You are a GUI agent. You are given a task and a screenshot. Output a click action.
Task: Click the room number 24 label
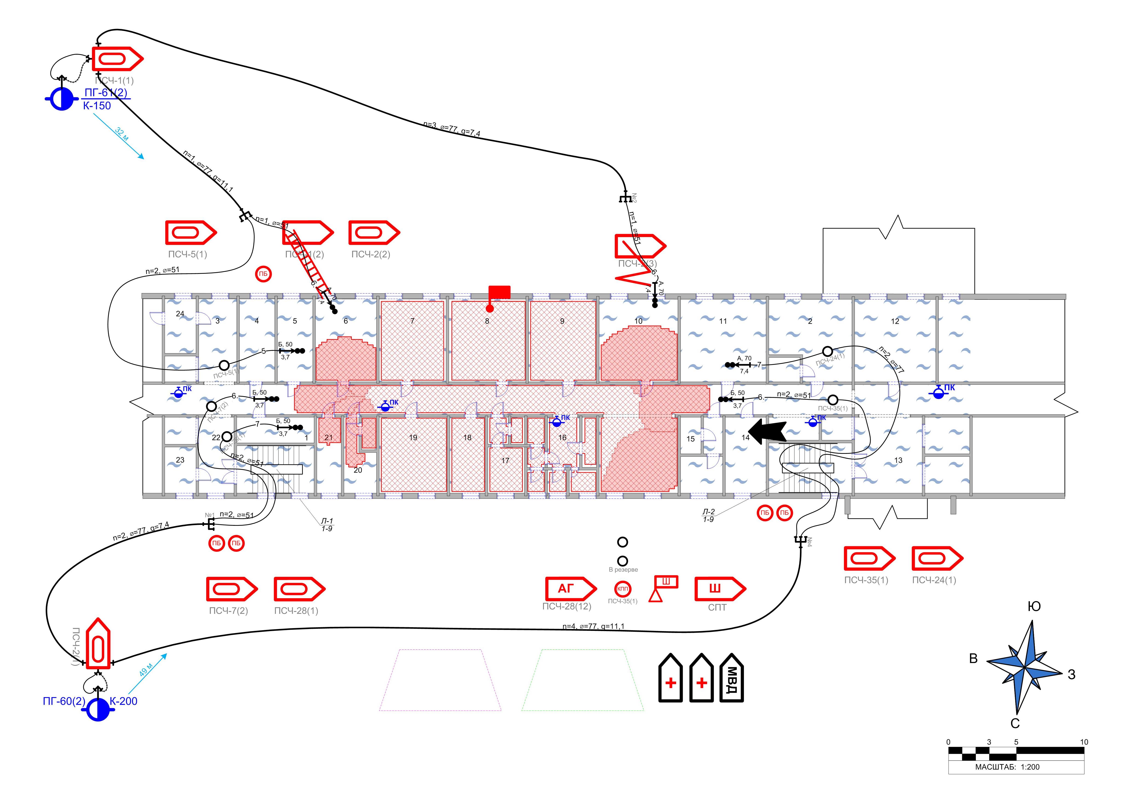(x=180, y=314)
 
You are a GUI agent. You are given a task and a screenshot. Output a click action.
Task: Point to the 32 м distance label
(x=121, y=134)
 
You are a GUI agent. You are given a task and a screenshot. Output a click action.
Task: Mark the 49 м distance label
(x=146, y=669)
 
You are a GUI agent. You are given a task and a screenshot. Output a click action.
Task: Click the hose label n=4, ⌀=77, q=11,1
(x=593, y=626)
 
